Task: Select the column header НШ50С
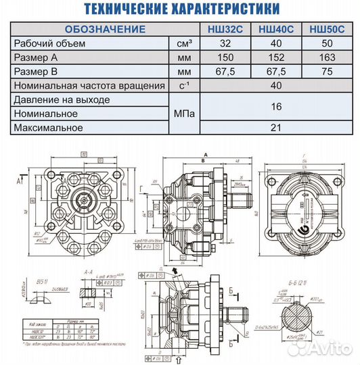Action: [326, 29]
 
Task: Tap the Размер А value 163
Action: [326, 58]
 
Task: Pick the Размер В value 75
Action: [326, 72]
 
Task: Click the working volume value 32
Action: [225, 44]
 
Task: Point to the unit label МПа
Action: [183, 114]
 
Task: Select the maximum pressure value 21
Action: [276, 128]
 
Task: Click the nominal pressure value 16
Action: [276, 107]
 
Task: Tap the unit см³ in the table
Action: [184, 44]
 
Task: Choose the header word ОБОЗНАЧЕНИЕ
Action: [105, 29]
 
